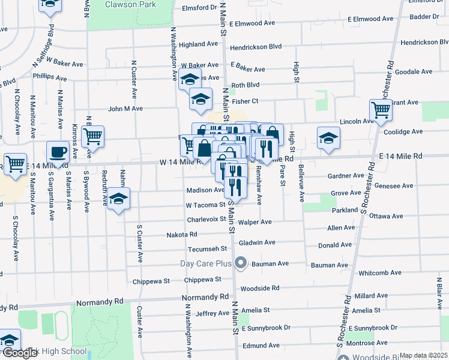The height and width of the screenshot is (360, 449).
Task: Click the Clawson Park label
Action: pyautogui.click(x=130, y=4)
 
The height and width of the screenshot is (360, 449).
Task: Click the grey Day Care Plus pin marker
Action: pyautogui.click(x=241, y=263)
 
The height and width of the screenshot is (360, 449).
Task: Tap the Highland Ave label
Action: pyautogui.click(x=198, y=44)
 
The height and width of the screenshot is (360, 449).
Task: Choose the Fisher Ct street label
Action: pyautogui.click(x=245, y=101)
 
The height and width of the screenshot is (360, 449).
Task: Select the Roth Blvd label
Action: pyautogui.click(x=245, y=85)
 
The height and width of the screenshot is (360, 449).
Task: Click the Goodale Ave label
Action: pyautogui.click(x=414, y=71)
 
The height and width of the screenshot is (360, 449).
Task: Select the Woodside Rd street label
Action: pyautogui.click(x=259, y=288)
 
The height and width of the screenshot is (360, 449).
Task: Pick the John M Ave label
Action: pyautogui.click(x=125, y=109)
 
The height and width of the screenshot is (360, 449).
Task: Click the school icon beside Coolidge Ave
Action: pyautogui.click(x=328, y=137)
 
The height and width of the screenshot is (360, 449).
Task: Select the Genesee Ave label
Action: pyautogui.click(x=393, y=186)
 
